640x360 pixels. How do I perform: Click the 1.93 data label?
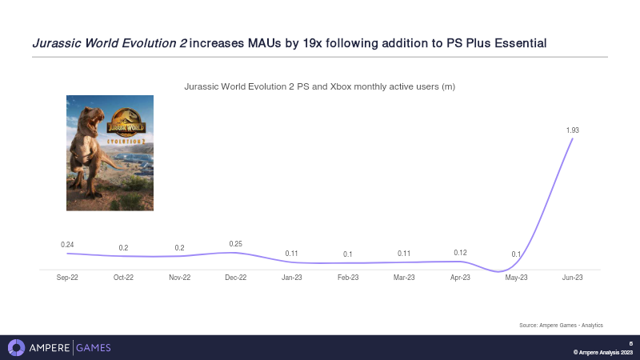click(x=572, y=130)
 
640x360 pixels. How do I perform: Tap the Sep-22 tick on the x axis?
click(x=67, y=278)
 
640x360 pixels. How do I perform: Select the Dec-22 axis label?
click(x=235, y=278)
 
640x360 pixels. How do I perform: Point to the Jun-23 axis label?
click(x=572, y=278)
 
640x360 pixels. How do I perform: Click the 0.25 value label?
click(x=235, y=243)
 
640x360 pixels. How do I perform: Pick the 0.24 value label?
click(x=67, y=244)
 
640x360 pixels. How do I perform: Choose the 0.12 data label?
click(x=460, y=252)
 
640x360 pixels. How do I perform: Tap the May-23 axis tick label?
click(x=516, y=278)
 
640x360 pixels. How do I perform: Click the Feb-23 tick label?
click(x=348, y=278)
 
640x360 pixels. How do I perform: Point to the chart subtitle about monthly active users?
click(x=319, y=86)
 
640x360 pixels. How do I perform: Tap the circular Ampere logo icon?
click(x=16, y=347)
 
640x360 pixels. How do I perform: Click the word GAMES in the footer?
click(x=94, y=347)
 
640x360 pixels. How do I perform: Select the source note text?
click(x=561, y=325)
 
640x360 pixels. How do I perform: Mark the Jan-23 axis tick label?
click(x=292, y=278)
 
